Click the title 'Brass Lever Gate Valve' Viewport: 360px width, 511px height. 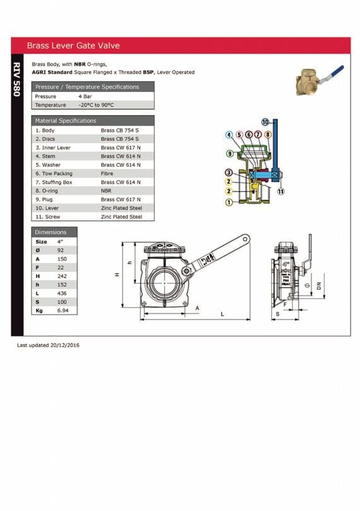pos(73,45)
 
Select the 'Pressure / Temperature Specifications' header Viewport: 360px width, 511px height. pos(87,87)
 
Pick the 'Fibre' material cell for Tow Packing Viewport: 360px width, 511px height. pos(107,173)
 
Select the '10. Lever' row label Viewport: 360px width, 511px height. pos(48,208)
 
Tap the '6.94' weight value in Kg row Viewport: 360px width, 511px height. pos(62,311)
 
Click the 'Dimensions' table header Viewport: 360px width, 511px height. pos(51,232)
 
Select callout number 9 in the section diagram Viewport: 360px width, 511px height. pos(229,153)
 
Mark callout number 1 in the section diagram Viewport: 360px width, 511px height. pos(229,202)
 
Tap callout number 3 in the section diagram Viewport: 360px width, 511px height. pos(229,172)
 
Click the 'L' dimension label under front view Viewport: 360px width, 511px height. pos(222,314)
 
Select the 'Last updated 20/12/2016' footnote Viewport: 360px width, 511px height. pos(48,346)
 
